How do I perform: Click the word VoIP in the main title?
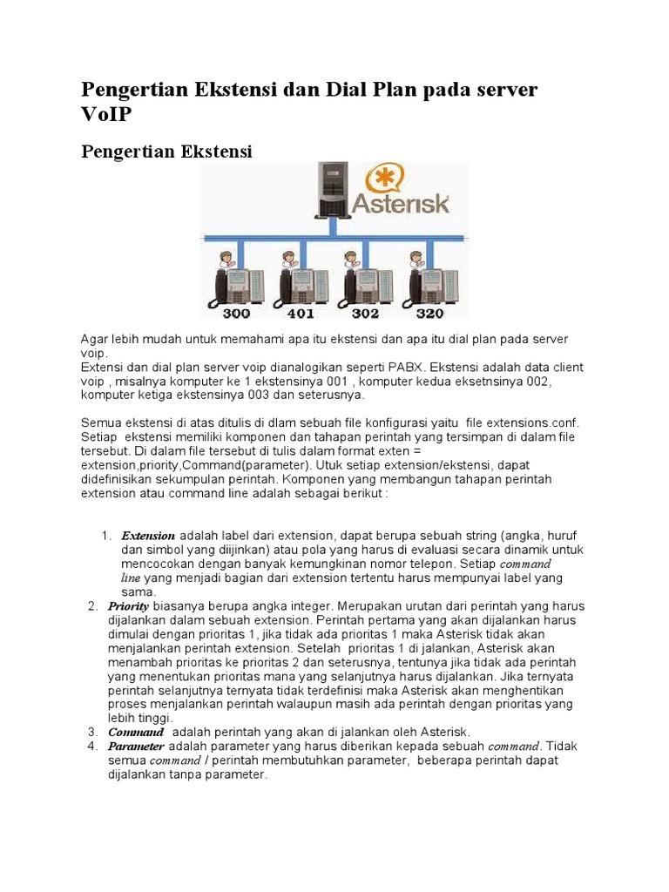(x=109, y=115)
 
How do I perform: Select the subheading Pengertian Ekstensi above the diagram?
(x=166, y=152)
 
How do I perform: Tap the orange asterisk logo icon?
(x=385, y=180)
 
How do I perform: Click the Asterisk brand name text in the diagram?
(x=401, y=205)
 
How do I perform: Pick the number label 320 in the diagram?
(x=429, y=313)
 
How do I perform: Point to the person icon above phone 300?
(x=225, y=259)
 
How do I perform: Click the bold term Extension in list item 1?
(x=148, y=536)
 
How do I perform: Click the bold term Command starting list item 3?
(x=135, y=733)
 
